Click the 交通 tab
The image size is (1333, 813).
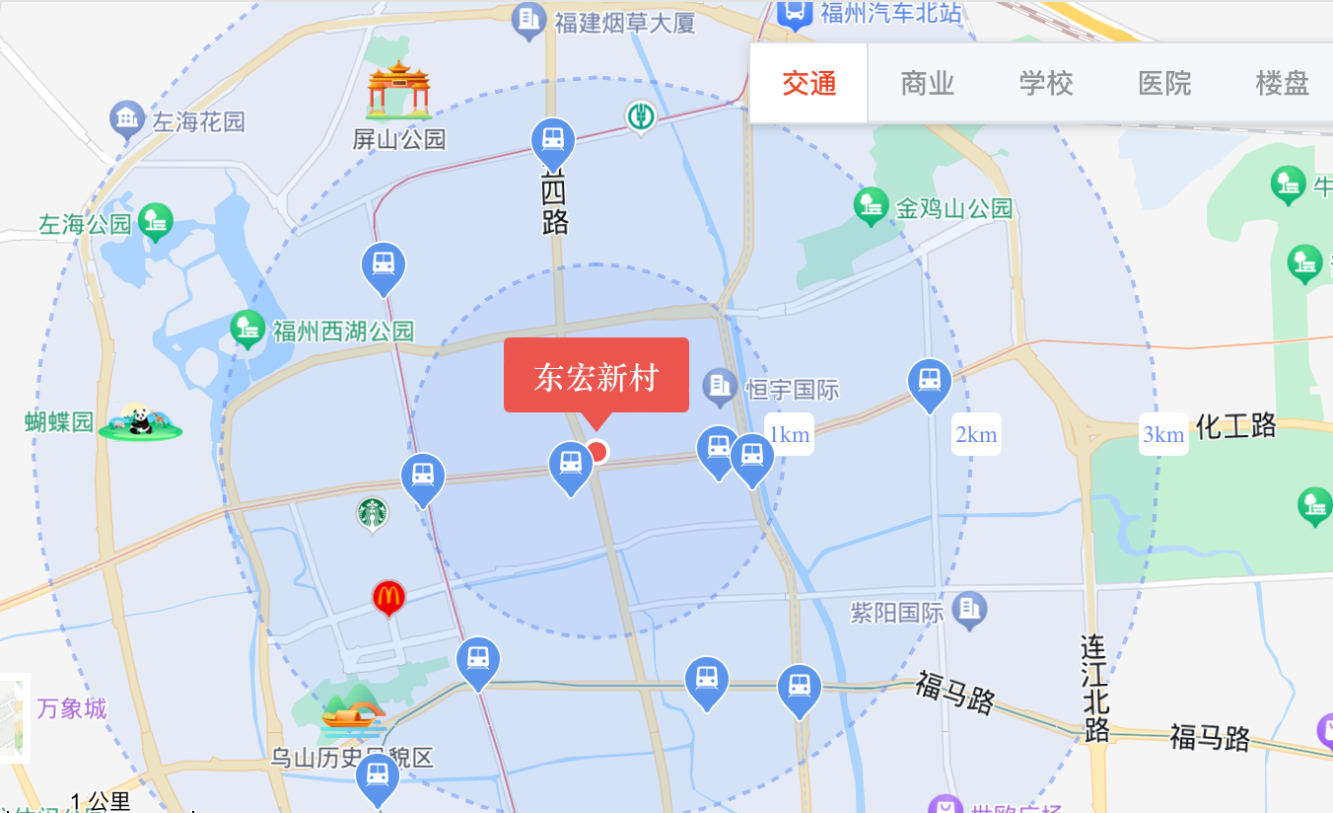coord(808,84)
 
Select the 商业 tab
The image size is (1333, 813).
coord(927,84)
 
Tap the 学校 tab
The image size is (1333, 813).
coord(1045,84)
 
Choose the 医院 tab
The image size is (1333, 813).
coord(1164,84)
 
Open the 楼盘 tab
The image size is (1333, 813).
coord(1282,84)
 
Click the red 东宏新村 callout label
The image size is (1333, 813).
coord(596,376)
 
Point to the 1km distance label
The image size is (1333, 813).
coord(789,434)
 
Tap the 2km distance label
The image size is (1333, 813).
coord(976,434)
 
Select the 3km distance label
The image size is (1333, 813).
coord(1163,434)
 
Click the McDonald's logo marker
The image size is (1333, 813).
coord(388,596)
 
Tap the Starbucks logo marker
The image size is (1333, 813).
coord(373,512)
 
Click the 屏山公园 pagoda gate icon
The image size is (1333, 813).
coord(398,91)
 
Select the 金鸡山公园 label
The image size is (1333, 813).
coord(953,208)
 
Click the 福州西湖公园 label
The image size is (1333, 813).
coord(343,331)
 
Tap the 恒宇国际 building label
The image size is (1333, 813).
coord(792,390)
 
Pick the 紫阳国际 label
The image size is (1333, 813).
coord(897,613)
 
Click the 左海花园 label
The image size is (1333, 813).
coord(198,122)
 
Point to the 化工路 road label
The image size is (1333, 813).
coord(1236,426)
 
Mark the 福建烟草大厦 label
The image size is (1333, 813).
coord(625,22)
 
